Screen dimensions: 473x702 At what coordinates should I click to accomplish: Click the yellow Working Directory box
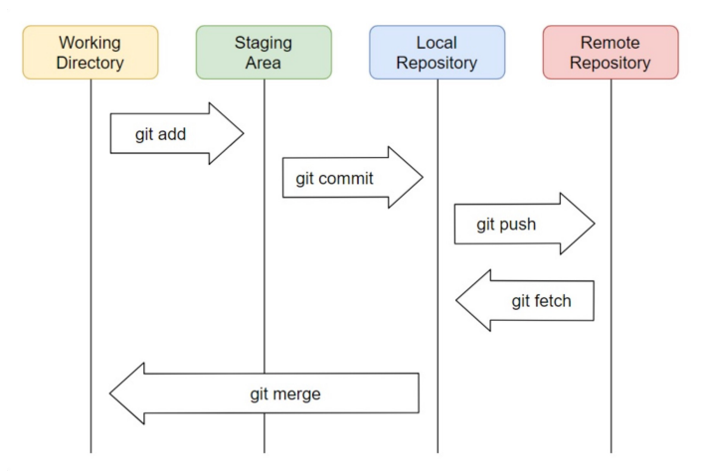[x=90, y=53]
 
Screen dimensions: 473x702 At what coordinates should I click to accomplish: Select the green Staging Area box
[x=263, y=53]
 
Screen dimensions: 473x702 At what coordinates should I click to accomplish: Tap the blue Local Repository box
[x=437, y=53]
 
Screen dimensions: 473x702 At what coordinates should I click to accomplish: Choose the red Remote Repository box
[x=611, y=53]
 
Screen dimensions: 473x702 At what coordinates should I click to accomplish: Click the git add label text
[x=160, y=133]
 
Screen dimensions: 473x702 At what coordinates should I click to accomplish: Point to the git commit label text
[x=334, y=178]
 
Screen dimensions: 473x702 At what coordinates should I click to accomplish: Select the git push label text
[x=506, y=224]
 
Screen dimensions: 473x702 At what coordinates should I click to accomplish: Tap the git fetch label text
[x=541, y=301]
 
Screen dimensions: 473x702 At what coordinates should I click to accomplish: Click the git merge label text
[x=284, y=394]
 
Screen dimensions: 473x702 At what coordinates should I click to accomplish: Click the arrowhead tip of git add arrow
[x=243, y=133]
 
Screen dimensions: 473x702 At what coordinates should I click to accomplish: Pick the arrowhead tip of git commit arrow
[x=423, y=178]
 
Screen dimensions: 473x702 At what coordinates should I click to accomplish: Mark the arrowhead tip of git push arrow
[x=594, y=224]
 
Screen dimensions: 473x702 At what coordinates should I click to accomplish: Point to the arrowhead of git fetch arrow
[x=459, y=300]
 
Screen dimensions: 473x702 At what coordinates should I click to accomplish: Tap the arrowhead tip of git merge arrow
[x=111, y=394]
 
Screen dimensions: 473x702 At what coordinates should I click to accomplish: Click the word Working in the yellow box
[x=90, y=43]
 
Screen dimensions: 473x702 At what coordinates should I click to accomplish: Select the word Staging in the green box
[x=263, y=43]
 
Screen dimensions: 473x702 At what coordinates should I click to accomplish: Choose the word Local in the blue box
[x=437, y=43]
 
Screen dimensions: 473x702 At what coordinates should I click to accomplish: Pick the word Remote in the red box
[x=611, y=43]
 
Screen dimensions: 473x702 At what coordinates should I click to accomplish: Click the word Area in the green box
[x=263, y=64]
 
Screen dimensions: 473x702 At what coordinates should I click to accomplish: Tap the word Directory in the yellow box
[x=90, y=64]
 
